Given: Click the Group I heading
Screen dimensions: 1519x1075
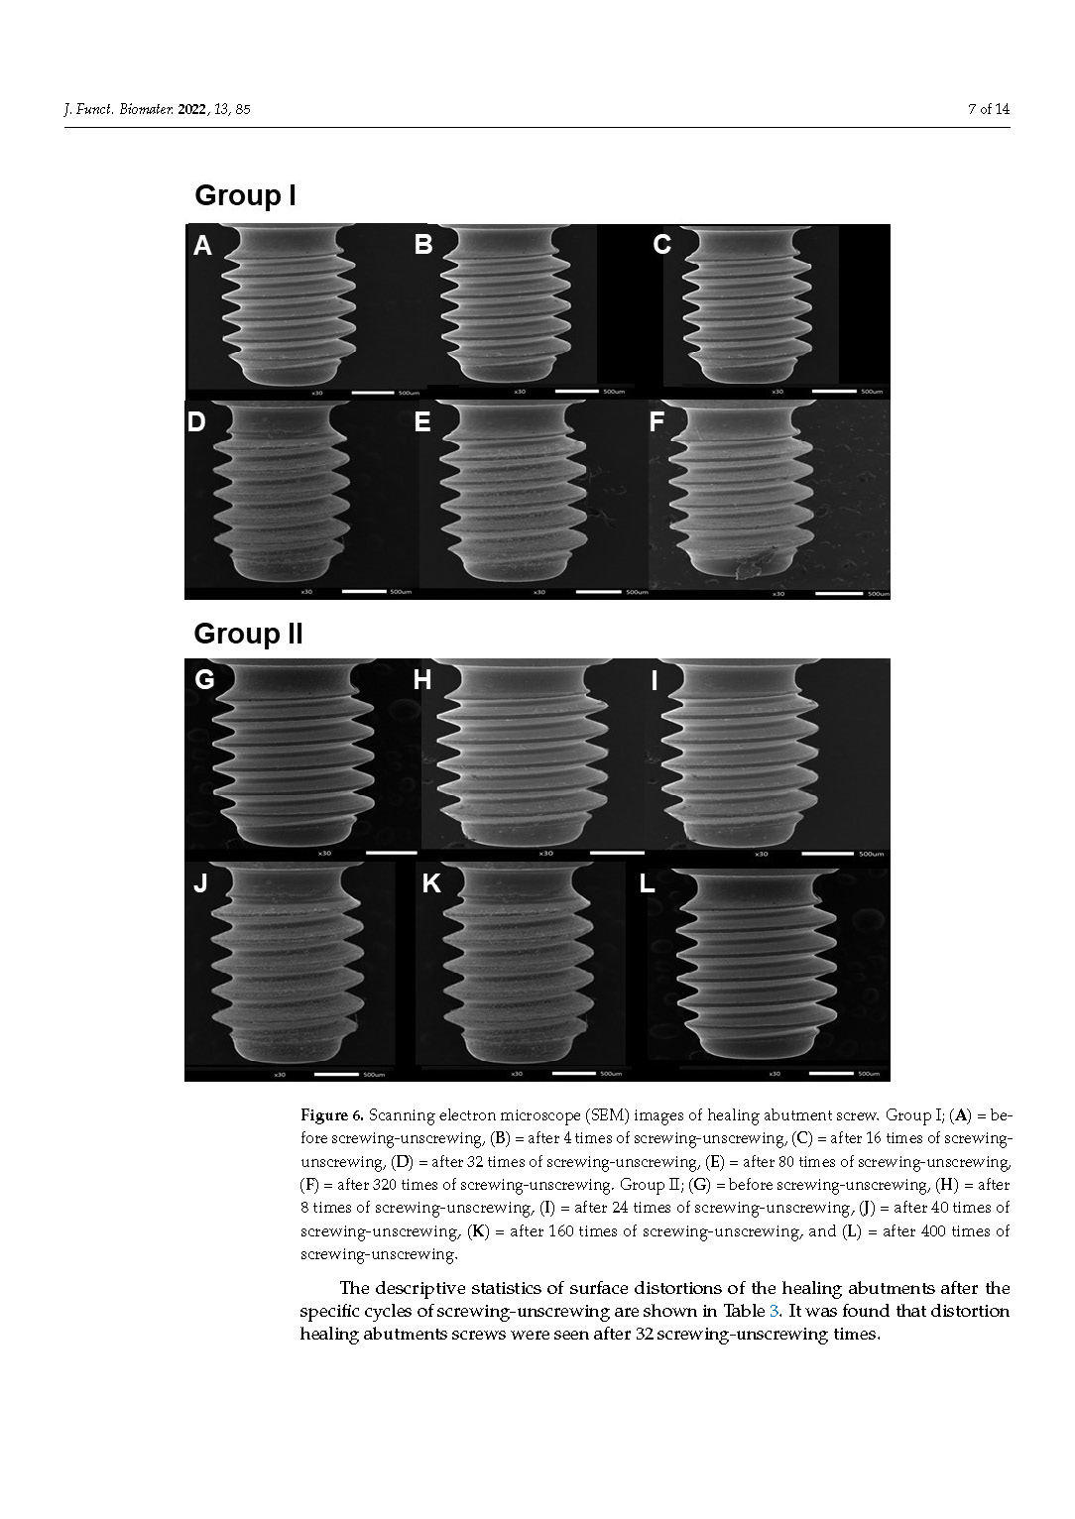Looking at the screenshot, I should [x=245, y=195].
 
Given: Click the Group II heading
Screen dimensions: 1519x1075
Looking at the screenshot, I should [x=248, y=634].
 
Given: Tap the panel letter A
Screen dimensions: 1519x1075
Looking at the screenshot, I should [x=202, y=246].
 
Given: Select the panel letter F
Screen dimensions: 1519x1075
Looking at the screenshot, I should [x=657, y=422].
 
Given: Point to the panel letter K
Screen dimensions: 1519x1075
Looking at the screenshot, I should [x=431, y=883].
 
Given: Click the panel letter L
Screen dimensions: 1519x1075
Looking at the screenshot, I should [x=647, y=883].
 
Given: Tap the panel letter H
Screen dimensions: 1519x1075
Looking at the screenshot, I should [x=422, y=680].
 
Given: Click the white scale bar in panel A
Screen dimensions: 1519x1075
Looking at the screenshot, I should [x=373, y=393].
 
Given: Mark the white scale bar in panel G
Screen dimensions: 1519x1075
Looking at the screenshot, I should [x=391, y=852].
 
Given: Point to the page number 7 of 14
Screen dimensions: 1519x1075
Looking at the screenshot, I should [x=988, y=109].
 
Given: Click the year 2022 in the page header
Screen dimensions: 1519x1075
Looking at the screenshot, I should [x=192, y=109].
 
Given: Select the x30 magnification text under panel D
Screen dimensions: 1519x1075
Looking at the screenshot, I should [x=306, y=592].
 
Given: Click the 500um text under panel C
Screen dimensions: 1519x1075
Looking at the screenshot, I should [x=872, y=392].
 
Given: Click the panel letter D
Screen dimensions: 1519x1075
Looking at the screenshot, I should [x=196, y=422].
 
